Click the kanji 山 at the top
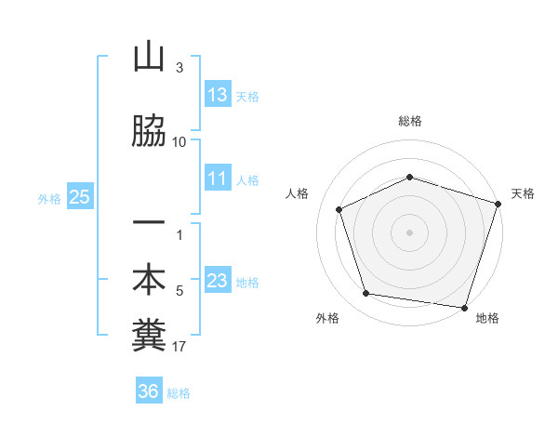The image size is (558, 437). tap(149, 58)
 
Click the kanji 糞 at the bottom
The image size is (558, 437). tap(149, 336)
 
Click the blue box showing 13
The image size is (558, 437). tap(217, 95)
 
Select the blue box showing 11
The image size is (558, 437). tap(217, 179)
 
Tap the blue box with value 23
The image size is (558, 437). tap(217, 281)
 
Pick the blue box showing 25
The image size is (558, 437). tap(79, 197)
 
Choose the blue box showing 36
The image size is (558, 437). tap(148, 391)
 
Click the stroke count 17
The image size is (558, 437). tap(179, 348)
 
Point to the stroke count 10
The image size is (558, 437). tap(179, 141)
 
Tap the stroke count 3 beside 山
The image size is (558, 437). tap(179, 68)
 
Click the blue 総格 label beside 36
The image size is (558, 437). tap(179, 393)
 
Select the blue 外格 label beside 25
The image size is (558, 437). tap(49, 198)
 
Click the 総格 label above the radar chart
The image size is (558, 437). tap(410, 121)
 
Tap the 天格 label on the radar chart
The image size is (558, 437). tap(524, 193)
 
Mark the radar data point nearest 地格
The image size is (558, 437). tap(464, 307)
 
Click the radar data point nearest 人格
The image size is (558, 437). tap(339, 209)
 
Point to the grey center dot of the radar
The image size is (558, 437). tap(410, 232)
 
